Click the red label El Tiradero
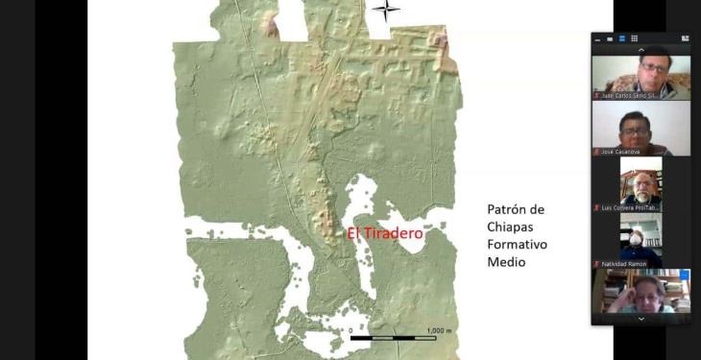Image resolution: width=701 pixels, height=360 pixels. (384, 233)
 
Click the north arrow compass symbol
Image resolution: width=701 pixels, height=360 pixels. (386, 10)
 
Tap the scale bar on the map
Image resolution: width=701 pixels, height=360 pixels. (393, 338)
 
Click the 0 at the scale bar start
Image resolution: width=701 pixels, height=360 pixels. (350, 330)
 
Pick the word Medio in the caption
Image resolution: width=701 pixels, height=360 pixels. (506, 261)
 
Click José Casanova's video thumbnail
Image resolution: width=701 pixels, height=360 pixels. (641, 127)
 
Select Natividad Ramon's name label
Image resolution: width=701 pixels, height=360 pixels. (624, 264)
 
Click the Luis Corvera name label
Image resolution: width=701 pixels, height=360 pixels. (630, 207)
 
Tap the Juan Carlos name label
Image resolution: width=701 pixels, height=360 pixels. (631, 96)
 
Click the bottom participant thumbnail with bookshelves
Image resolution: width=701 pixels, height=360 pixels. (641, 292)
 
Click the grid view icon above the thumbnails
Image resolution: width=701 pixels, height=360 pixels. (685, 38)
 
